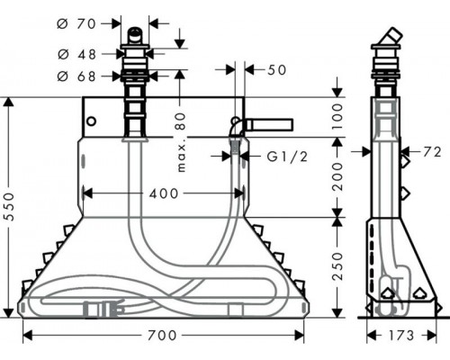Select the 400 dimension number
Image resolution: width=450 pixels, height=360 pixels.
tap(163, 193)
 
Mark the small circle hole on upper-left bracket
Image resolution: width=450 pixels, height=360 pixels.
tap(90, 120)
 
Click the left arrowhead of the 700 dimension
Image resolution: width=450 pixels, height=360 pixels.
tap(26, 336)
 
